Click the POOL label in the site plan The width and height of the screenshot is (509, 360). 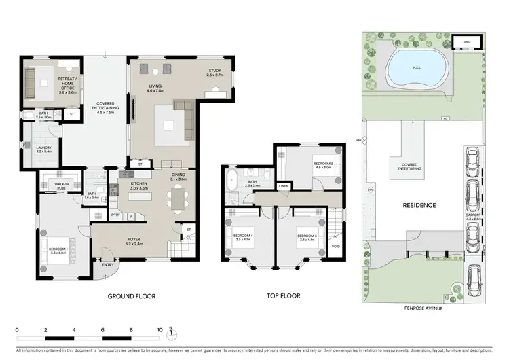tap(416, 68)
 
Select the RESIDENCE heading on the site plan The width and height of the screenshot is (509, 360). tap(419, 205)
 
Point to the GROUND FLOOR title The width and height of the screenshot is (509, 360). tap(132, 297)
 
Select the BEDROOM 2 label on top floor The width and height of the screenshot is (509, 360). tap(322, 164)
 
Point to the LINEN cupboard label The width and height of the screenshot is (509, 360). tap(283, 185)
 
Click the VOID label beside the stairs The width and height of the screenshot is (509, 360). tap(337, 246)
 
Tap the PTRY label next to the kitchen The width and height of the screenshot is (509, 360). tap(115, 215)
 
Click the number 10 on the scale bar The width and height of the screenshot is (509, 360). tap(160, 329)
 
